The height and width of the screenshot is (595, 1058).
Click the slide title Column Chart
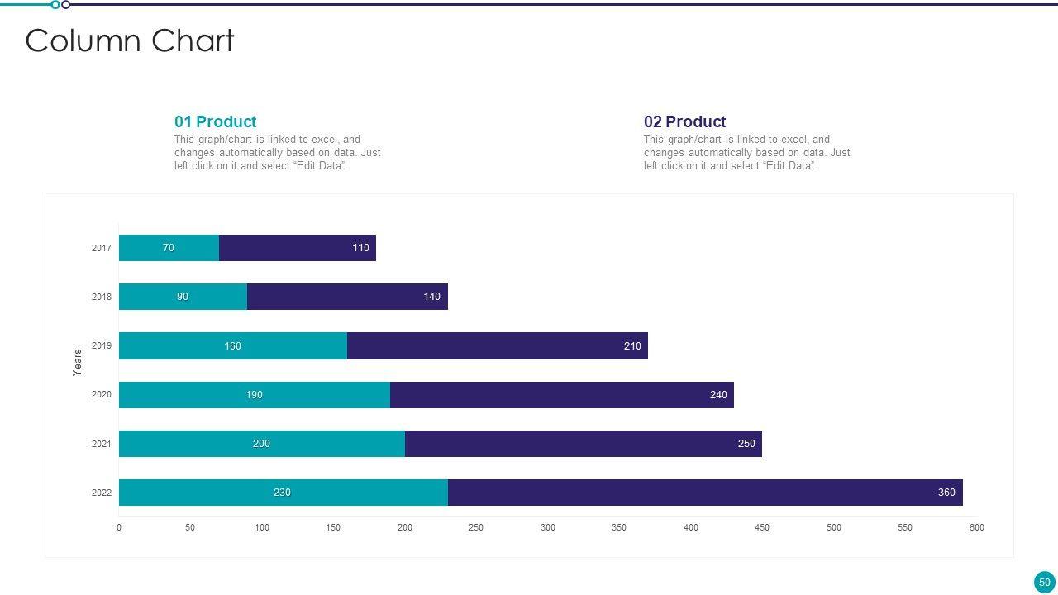130,40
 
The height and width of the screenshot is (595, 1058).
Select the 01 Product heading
215,121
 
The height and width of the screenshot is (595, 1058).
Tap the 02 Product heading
684,121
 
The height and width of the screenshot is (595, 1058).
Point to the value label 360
946,493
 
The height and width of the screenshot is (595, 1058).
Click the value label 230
282,493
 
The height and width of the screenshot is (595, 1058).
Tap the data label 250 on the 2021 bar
746,444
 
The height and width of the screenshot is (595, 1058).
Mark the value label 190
254,395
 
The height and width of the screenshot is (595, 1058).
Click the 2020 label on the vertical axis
102,395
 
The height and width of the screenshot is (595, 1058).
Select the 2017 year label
102,248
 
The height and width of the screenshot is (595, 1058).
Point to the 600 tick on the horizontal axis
976,527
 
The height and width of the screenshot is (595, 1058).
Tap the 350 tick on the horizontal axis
619,527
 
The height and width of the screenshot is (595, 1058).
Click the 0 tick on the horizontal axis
119,527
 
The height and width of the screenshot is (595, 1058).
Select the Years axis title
78,362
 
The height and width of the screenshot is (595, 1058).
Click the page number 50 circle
1044,582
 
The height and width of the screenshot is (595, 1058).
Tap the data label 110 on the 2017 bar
361,248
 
